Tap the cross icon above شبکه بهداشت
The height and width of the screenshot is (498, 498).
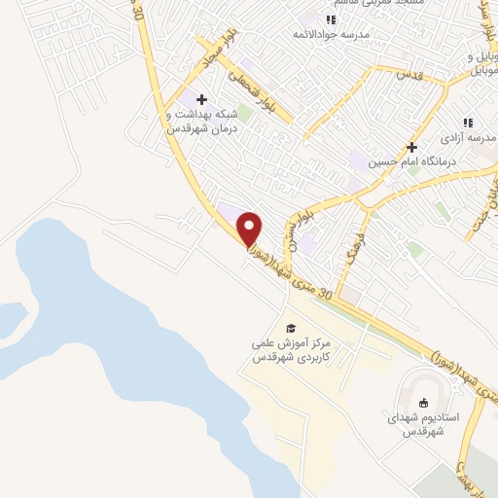(201, 99)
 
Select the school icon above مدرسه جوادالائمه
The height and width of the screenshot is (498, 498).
(331, 19)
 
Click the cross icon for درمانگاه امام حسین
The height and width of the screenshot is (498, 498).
(411, 146)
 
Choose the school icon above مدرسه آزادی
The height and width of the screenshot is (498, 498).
(468, 123)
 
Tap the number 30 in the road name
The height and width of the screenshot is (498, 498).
(326, 293)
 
